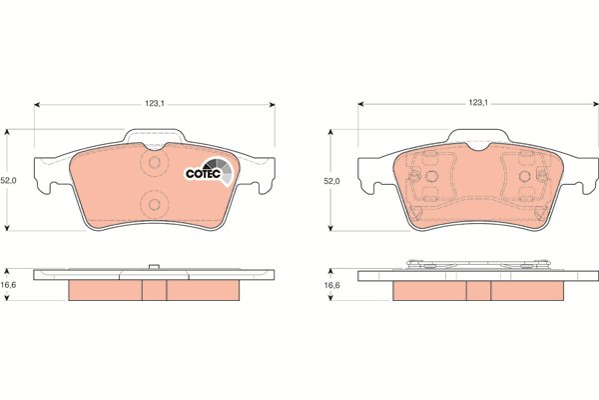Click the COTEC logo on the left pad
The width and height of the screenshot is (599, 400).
[209, 171]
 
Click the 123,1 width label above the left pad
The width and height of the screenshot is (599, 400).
[155, 103]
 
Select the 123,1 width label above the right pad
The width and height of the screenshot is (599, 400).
[478, 103]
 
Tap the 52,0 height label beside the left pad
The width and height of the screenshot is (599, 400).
[8, 181]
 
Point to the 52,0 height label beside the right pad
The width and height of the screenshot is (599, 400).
[332, 181]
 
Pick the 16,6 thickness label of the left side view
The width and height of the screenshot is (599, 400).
[8, 285]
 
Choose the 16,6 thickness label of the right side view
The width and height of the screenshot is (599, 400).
[332, 285]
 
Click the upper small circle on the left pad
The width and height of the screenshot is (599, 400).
[155, 162]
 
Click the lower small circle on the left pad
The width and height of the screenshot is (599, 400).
[155, 204]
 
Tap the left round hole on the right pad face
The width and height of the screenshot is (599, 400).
[431, 176]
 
